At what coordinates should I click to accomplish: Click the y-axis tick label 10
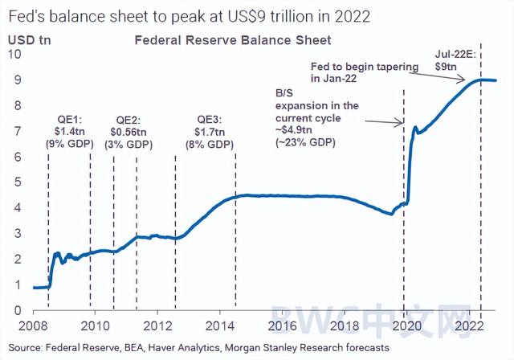(14, 54)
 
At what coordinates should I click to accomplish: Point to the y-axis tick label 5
(17, 182)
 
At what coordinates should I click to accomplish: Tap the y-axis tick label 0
(17, 311)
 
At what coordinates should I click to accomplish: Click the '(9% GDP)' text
(68, 144)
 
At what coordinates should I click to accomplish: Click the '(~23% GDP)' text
(305, 142)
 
